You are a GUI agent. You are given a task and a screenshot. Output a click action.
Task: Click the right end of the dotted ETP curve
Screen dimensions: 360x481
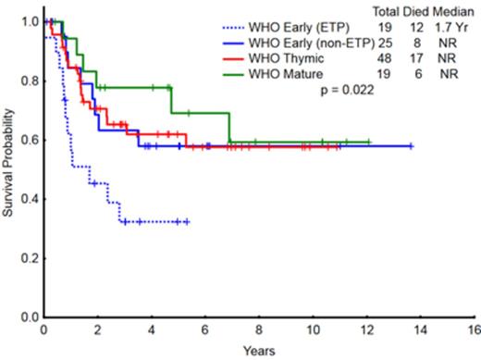click(x=188, y=222)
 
